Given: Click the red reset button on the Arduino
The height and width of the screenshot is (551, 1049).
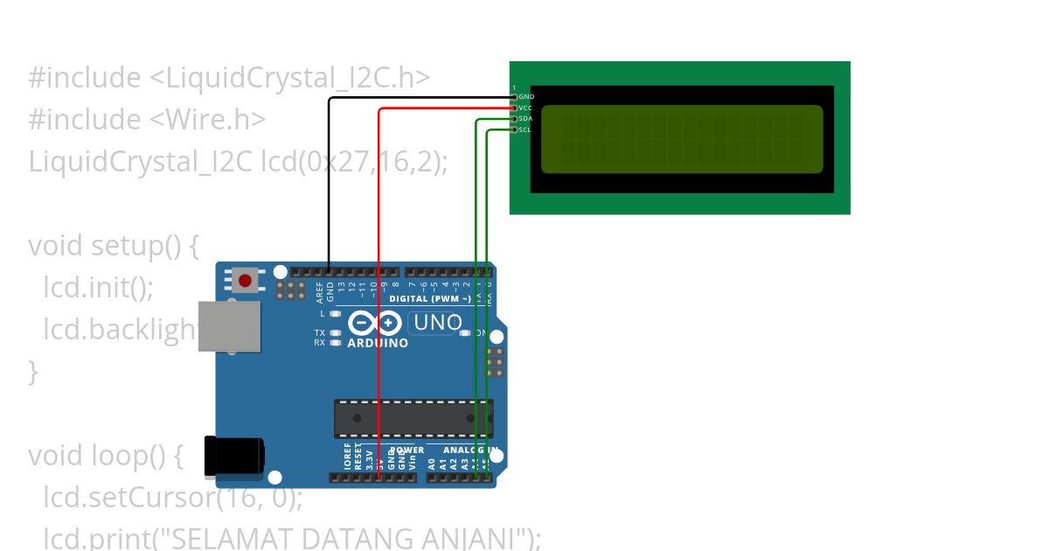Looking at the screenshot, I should pos(246,281).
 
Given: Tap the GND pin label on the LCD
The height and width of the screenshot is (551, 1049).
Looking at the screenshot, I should pos(525,96).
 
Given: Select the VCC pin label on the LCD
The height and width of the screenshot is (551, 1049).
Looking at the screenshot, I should pos(525,108).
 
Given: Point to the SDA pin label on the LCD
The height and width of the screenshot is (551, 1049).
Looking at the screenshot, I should pos(525,119).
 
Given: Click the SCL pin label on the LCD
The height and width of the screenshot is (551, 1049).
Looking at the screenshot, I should pos(524,130).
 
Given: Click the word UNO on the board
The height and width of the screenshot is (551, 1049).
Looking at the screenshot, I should pos(437,323).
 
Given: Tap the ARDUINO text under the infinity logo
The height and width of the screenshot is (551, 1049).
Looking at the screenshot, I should pos(378,344).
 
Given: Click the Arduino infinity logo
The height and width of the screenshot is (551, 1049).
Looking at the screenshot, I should pos(375,324).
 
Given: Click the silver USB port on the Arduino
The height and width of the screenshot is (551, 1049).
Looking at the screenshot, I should pos(230,326).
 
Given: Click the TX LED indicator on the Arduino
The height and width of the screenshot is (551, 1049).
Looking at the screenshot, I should pos(336,333).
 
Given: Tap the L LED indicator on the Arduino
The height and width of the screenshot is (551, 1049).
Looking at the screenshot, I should pos(336,313).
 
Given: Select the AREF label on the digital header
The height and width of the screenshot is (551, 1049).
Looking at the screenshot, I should pos(319,291).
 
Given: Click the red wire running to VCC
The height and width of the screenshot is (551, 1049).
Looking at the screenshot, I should pos(379,262).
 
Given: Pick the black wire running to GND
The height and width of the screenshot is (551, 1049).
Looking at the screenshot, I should pos(329,175).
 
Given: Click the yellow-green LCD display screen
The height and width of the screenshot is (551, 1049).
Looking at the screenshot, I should pos(682,139).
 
